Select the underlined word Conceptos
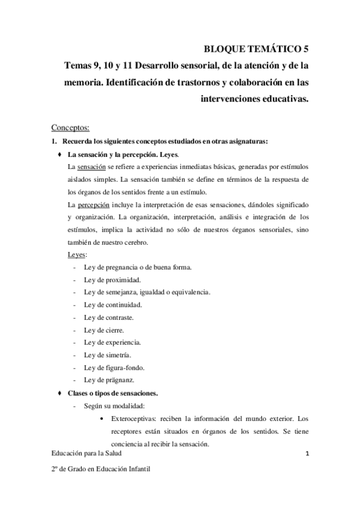click(70, 127)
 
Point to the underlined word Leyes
click(77, 255)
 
